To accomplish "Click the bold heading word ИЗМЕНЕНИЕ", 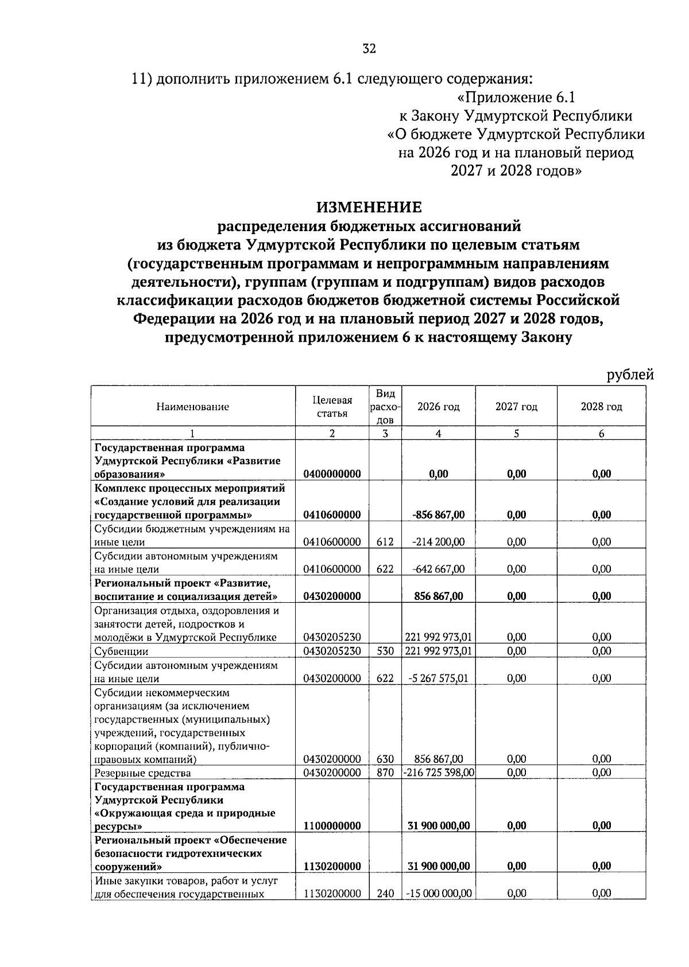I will [369, 207].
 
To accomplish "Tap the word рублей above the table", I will [630, 375].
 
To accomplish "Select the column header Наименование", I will [192, 407].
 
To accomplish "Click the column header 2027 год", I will [516, 407].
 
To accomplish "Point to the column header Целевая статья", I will [332, 407].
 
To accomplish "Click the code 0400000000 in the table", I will [332, 474].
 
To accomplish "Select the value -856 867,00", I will [438, 514].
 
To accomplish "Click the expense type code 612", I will [385, 541].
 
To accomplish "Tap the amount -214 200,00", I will [438, 541].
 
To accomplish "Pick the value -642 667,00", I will [438, 569].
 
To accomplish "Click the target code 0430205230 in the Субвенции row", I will [332, 651].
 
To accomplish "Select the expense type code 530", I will [385, 651].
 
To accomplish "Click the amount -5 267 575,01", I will [438, 678].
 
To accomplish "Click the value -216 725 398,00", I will [439, 773].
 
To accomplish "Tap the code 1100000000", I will [332, 826].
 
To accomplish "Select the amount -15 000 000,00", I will [439, 894].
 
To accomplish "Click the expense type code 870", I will [385, 773].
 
